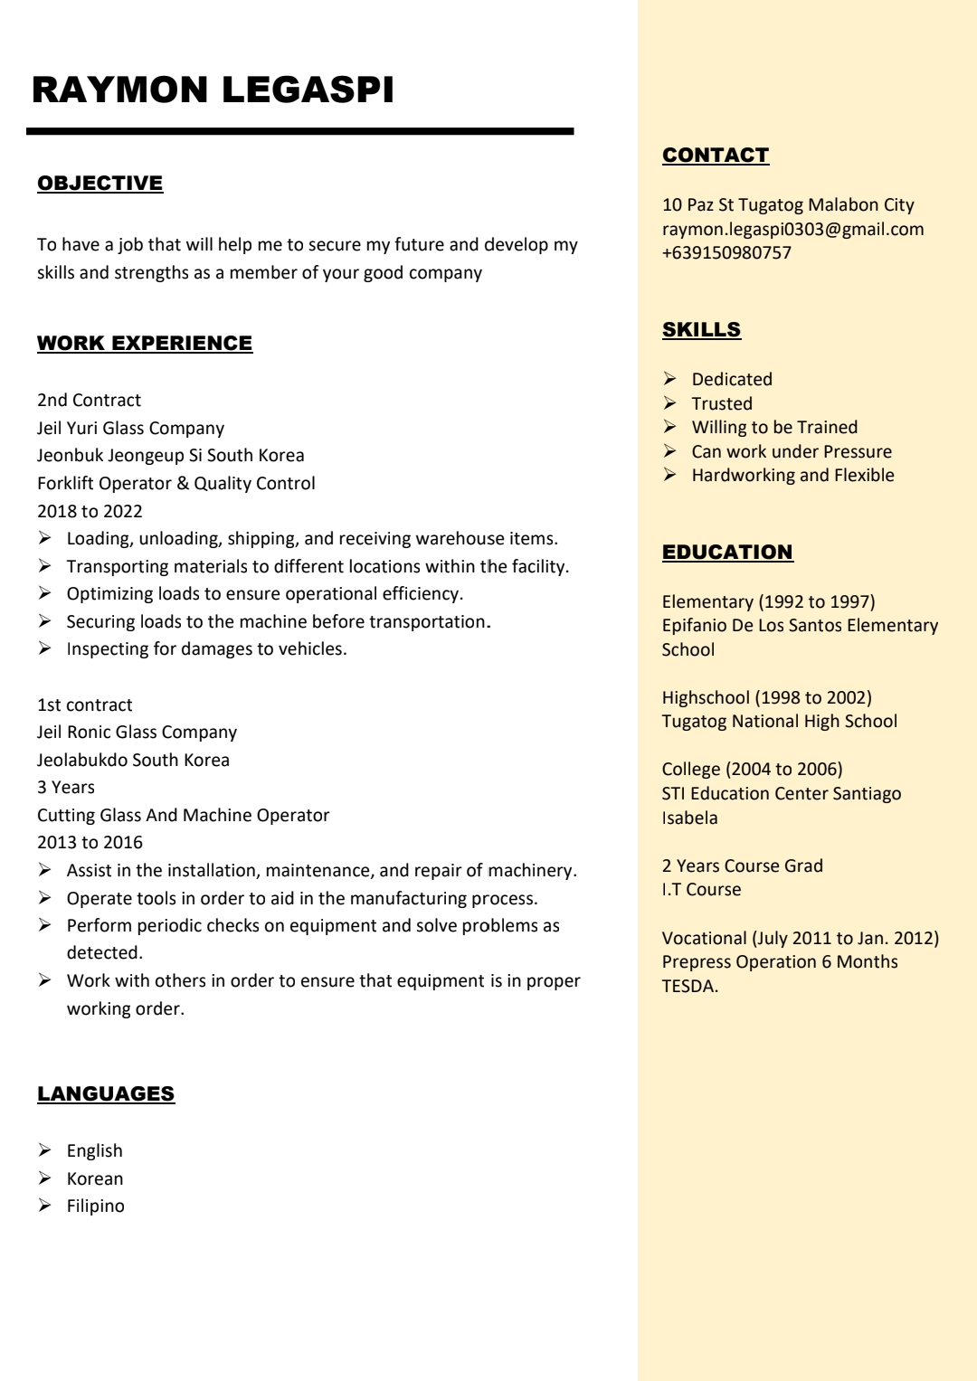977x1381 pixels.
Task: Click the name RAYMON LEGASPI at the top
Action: pos(213,90)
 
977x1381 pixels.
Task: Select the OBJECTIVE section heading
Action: pos(100,183)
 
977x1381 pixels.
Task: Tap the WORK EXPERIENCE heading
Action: pos(145,343)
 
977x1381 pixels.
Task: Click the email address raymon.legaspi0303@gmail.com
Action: pos(792,229)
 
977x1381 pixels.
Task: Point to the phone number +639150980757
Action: pos(726,252)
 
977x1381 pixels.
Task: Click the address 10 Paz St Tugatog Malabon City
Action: pos(788,204)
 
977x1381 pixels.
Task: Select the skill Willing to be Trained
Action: pos(774,427)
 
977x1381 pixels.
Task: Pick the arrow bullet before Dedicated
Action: pos(669,378)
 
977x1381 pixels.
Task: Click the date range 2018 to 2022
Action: pos(90,511)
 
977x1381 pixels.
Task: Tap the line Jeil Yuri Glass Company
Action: pos(130,428)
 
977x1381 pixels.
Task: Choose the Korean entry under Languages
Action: pos(95,1178)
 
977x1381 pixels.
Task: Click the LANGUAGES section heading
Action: pos(106,1093)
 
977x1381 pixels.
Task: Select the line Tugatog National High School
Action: pos(779,721)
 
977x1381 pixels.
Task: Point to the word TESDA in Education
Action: pos(688,986)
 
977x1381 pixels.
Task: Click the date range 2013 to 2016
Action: pos(90,842)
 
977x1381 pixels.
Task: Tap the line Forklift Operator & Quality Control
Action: pos(175,483)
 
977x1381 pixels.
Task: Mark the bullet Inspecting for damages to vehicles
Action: pos(206,648)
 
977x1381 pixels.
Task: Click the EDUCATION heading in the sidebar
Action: pos(727,552)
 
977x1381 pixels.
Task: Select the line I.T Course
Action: pos(701,889)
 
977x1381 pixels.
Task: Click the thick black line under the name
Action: pos(299,132)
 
